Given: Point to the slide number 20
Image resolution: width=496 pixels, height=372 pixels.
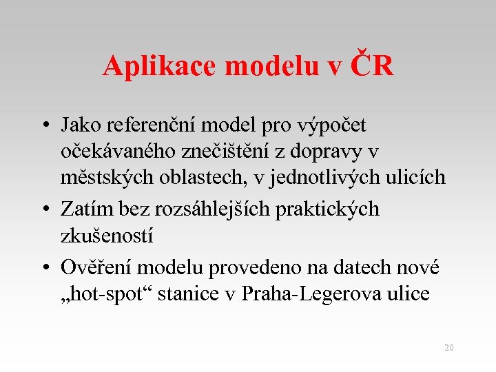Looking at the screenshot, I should (448, 348).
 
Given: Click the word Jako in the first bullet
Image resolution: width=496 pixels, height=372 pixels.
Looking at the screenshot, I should (80, 125).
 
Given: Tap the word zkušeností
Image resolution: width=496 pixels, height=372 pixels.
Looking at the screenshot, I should (107, 236).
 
